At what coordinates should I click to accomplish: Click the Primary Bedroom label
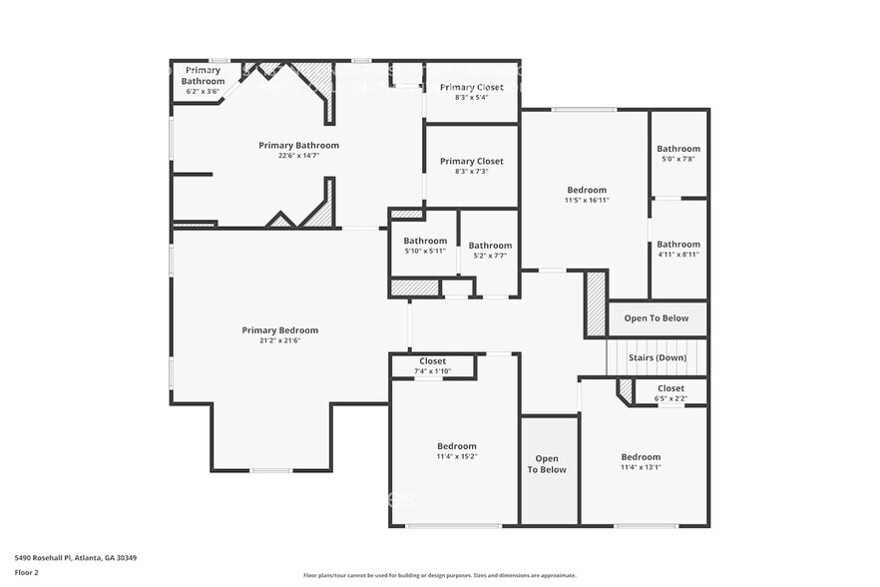click(x=279, y=330)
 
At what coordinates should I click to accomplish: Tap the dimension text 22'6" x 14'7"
click(x=298, y=156)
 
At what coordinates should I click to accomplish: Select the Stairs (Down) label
click(x=657, y=357)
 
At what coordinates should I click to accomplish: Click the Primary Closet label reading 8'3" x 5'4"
click(x=472, y=87)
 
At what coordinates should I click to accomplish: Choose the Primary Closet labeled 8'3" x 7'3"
click(x=472, y=161)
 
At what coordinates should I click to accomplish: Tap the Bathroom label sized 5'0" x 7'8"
click(x=678, y=149)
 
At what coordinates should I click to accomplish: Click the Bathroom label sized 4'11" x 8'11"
click(x=678, y=245)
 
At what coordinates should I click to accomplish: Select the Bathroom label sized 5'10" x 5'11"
click(x=425, y=241)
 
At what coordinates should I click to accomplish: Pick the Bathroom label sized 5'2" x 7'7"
click(x=490, y=246)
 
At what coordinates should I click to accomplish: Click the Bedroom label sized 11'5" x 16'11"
click(x=587, y=190)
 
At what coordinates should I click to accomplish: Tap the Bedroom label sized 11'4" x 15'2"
click(x=457, y=446)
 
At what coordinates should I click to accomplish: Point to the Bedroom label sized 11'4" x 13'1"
click(x=641, y=457)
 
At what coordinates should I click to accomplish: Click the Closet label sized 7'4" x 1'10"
click(x=433, y=361)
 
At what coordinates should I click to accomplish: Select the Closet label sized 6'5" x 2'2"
click(x=670, y=388)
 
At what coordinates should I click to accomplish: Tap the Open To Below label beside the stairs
click(x=657, y=318)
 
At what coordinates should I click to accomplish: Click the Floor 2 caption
click(x=27, y=573)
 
